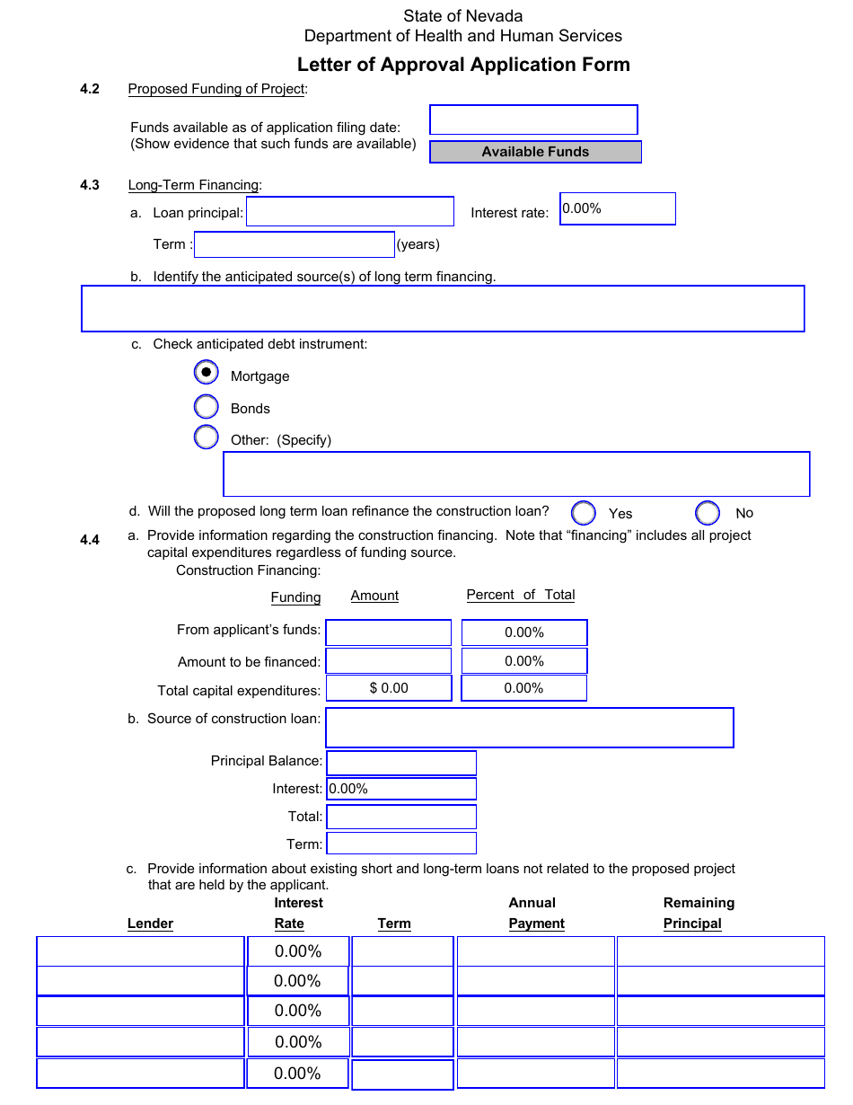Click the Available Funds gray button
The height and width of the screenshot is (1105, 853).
coord(535,152)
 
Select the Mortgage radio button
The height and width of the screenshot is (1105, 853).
coord(207,372)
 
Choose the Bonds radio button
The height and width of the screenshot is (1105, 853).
coord(207,406)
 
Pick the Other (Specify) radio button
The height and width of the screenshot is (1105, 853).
coord(207,438)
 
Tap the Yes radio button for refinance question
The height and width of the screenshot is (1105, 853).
coord(584,512)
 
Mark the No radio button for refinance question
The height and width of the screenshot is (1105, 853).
coord(708,512)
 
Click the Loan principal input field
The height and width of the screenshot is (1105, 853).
coord(350,212)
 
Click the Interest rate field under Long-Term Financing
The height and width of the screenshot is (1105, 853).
coord(617,208)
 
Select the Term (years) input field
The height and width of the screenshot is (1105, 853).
coord(295,244)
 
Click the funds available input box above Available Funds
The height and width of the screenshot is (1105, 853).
coord(533,119)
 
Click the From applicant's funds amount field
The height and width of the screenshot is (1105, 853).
coord(388,632)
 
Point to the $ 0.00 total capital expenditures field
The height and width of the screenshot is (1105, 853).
coord(388,688)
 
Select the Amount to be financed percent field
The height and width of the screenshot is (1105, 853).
coord(524,661)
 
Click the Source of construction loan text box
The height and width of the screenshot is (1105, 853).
coord(529,728)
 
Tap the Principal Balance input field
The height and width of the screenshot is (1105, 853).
coord(401,763)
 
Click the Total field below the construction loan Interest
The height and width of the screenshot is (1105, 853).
coord(401,817)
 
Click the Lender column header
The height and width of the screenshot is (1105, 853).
coord(150,924)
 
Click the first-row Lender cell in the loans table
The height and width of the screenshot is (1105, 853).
coord(140,951)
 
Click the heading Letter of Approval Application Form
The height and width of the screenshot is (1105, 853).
coord(463,65)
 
